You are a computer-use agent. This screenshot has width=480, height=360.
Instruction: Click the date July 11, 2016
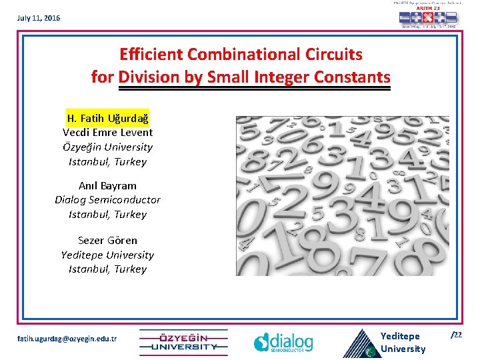click(x=39, y=18)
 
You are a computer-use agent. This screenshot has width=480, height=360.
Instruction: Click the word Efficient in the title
click(x=151, y=53)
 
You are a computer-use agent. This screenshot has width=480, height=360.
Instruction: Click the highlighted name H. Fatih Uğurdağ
click(x=108, y=118)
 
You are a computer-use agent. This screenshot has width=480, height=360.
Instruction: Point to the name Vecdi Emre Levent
click(x=108, y=132)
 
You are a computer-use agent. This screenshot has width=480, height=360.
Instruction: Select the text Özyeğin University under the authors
click(x=108, y=147)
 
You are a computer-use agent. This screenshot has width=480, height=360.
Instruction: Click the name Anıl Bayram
click(x=108, y=185)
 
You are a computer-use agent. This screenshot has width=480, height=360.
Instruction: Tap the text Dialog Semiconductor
click(x=108, y=199)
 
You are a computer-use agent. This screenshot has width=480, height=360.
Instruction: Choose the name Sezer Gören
click(x=108, y=240)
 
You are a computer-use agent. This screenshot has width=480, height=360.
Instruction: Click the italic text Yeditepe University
click(x=108, y=255)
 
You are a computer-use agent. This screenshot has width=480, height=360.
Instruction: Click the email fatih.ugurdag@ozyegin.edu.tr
click(x=67, y=339)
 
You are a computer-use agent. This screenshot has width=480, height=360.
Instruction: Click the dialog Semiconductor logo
click(x=283, y=341)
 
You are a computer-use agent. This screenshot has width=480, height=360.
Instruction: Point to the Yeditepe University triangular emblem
click(x=359, y=344)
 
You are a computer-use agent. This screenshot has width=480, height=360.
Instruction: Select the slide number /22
click(x=457, y=335)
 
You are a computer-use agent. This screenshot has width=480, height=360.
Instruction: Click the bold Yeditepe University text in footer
click(x=402, y=342)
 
